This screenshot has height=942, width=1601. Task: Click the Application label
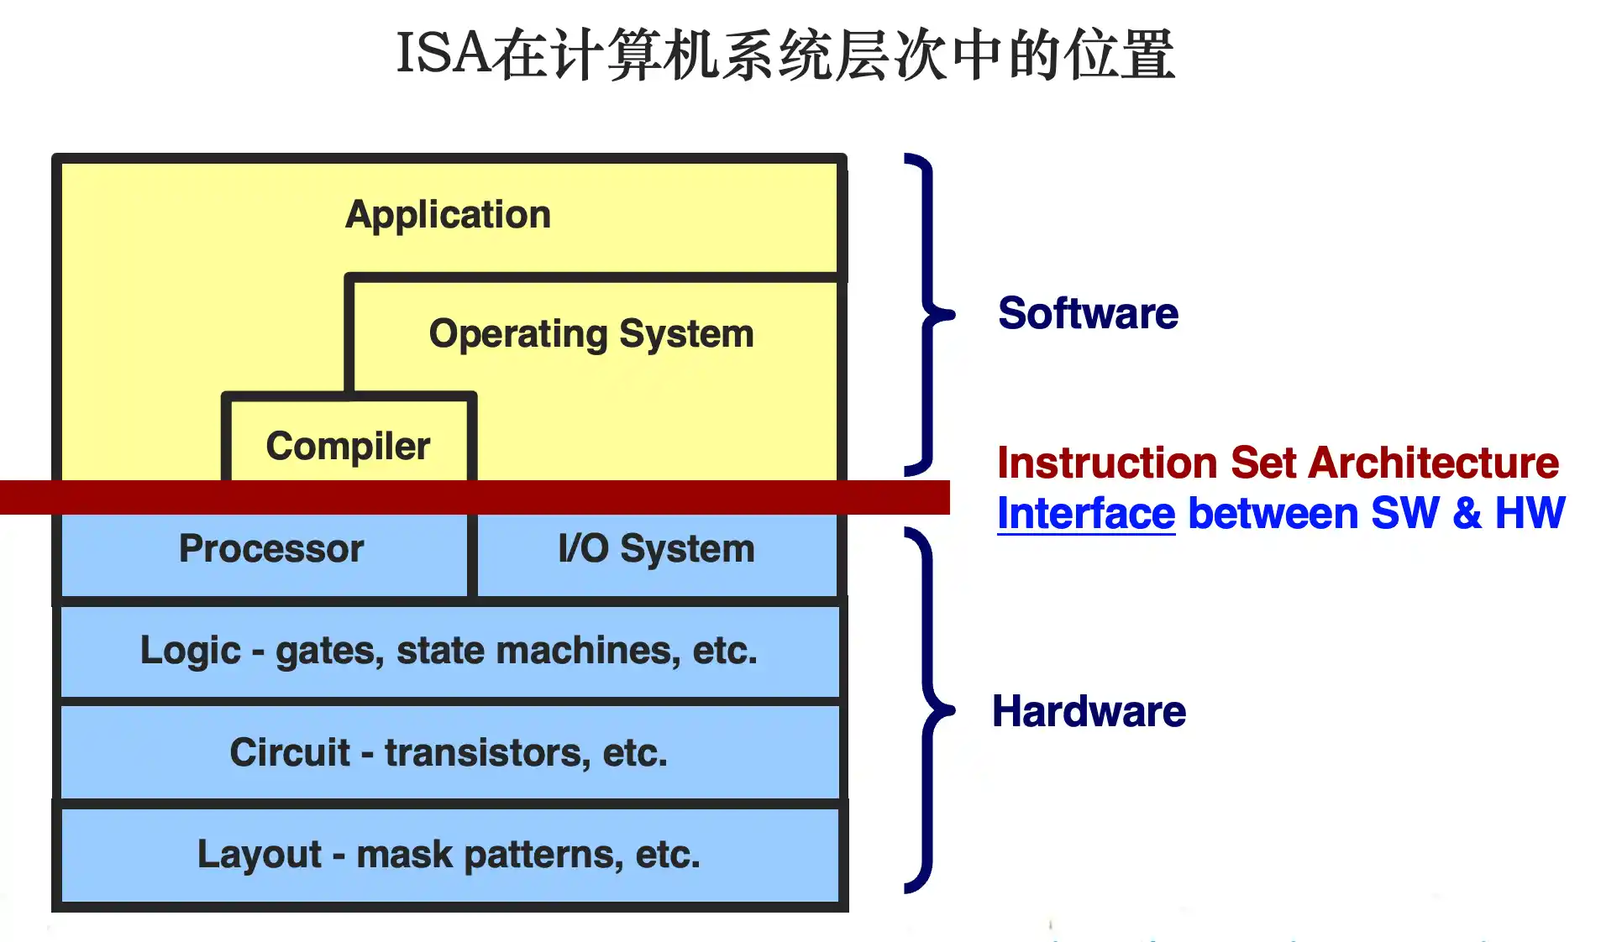[x=448, y=215]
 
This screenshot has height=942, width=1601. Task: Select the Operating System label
[x=591, y=334]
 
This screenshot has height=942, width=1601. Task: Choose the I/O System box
[x=657, y=554]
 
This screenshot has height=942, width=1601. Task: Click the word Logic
[x=191, y=652]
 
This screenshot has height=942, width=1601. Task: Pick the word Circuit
[x=290, y=752]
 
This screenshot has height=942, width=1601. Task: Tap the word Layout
[x=259, y=856]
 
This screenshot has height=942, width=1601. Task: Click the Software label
[x=1088, y=313]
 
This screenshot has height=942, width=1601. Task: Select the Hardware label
[x=1089, y=711]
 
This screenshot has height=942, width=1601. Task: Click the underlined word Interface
[x=1085, y=513]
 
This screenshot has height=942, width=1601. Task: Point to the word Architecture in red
[x=1433, y=463]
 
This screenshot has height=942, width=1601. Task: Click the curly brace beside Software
[x=928, y=315]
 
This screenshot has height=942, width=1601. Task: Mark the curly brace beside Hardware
[x=928, y=710]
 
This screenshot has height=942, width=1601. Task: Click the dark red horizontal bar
[x=475, y=497]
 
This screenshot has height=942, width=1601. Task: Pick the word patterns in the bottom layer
[x=543, y=856]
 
